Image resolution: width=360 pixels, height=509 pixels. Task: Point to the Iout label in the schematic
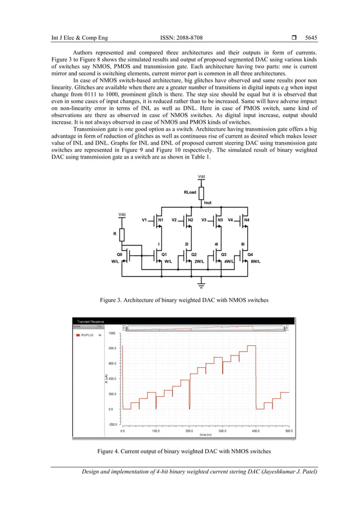click(208, 202)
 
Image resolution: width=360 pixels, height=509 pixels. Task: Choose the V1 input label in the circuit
click(144, 219)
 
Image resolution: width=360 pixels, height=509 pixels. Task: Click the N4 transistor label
click(247, 219)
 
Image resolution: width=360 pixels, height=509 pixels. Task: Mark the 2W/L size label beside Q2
click(199, 261)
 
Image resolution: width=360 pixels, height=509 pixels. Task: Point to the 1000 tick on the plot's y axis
click(112, 334)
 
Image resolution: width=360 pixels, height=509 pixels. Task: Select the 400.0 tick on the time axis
click(256, 431)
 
